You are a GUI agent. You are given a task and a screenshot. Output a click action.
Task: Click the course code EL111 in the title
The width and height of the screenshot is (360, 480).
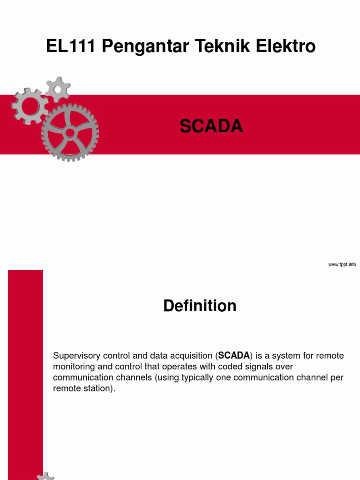coord(71,46)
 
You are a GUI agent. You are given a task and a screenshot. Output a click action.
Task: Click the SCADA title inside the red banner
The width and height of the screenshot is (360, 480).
coord(211,126)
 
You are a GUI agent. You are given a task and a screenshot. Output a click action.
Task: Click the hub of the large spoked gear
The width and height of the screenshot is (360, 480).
coord(70,133)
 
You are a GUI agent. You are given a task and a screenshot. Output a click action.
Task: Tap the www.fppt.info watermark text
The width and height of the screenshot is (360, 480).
coord(342,265)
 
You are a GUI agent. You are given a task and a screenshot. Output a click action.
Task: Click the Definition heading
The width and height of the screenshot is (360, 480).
coord(200,306)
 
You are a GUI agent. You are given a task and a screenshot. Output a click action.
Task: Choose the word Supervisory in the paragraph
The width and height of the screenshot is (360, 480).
coord(75,356)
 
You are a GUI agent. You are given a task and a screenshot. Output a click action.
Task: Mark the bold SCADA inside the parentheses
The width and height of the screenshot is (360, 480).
coord(234,356)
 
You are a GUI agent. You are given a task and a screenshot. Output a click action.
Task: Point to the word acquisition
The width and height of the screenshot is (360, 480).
coord(192,356)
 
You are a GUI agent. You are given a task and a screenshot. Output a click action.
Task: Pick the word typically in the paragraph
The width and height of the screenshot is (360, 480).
coord(199,378)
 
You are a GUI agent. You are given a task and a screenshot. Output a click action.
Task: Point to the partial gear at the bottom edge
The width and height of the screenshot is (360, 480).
coord(45,476)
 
